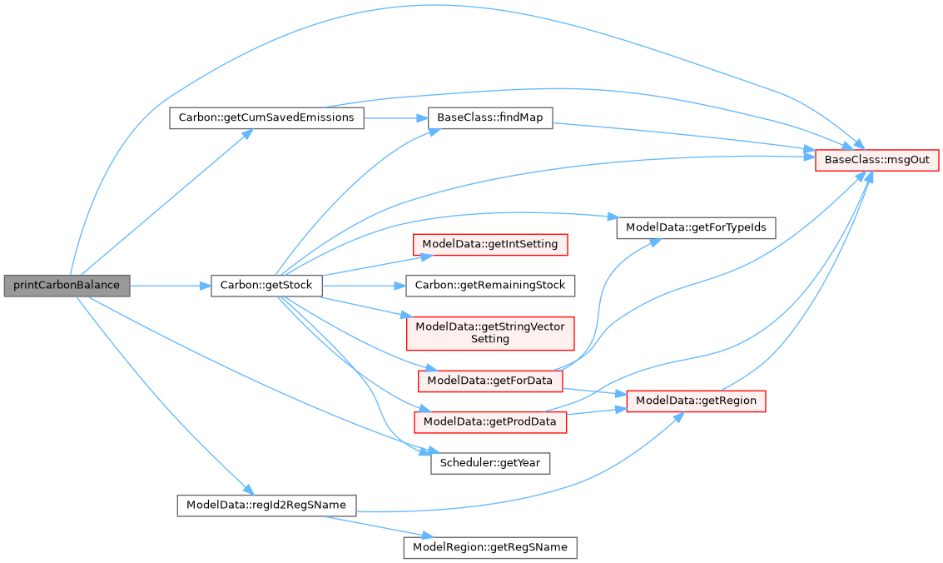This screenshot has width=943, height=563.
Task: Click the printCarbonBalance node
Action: coord(67,285)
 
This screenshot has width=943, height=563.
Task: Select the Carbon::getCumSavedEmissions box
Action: coord(266,117)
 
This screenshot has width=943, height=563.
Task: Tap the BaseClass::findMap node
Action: coord(489,117)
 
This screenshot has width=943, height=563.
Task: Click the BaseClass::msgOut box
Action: coord(877,158)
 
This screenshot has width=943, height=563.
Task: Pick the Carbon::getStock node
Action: coord(266,285)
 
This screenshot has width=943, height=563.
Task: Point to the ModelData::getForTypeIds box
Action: coord(696,227)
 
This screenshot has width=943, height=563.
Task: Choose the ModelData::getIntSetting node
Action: coord(491,244)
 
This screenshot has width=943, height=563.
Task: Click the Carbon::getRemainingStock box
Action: coord(490,285)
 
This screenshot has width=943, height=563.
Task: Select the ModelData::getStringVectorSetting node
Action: coord(489,332)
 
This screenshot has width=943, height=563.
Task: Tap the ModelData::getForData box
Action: coord(489,381)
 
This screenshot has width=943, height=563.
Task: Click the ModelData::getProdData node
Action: coord(489,421)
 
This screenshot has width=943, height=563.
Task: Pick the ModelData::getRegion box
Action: coord(696,401)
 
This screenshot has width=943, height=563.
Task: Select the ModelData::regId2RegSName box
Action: coord(266,505)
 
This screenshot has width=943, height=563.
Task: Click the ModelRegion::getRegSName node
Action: coord(489,547)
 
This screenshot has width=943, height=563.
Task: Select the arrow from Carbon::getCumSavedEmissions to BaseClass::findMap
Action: coord(395,117)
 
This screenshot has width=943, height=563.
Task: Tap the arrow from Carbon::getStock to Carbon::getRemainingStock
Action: coord(363,285)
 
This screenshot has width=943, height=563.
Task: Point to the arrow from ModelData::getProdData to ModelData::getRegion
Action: coord(596,412)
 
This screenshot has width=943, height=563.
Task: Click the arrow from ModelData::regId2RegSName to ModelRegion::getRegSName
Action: coord(375,526)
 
